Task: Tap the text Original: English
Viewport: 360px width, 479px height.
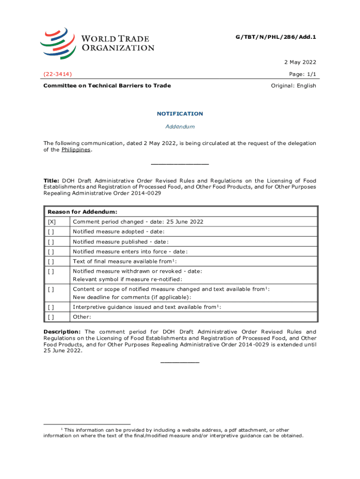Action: click(x=294, y=86)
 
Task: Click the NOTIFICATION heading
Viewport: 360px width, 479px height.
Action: click(x=180, y=114)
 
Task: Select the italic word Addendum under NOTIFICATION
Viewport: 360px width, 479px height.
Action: click(x=180, y=127)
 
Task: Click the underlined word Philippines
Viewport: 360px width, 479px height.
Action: click(x=76, y=150)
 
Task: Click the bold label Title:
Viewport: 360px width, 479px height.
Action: click(x=52, y=181)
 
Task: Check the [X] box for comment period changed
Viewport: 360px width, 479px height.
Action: click(x=51, y=222)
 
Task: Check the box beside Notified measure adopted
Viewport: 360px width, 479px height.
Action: click(x=50, y=232)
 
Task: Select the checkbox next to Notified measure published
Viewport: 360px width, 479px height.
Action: click(x=50, y=242)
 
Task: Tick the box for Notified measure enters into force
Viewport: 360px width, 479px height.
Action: click(x=50, y=252)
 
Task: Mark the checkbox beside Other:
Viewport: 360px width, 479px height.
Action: click(x=50, y=317)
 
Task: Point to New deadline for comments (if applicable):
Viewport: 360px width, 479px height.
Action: click(x=131, y=297)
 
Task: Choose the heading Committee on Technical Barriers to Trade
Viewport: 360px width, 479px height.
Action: click(x=107, y=86)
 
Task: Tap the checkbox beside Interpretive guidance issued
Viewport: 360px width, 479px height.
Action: click(x=50, y=307)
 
